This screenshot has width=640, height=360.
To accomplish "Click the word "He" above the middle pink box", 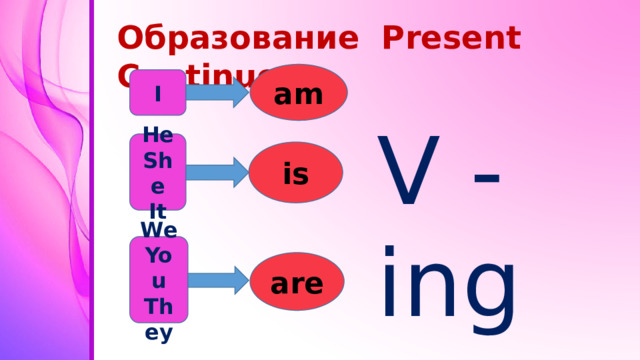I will [157, 133].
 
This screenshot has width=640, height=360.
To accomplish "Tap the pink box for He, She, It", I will [158, 173].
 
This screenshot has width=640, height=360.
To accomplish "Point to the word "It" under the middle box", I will [158, 211].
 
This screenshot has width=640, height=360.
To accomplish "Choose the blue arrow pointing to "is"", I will [218, 173].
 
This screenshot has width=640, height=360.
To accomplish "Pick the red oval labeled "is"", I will [296, 173].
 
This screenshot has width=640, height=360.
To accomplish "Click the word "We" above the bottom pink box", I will [158, 230].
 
